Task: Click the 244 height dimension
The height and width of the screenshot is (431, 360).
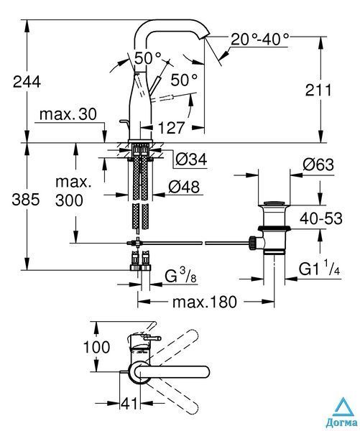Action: (27, 82)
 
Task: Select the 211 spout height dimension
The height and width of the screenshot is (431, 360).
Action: (318, 91)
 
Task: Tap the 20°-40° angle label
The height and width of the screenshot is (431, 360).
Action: (260, 40)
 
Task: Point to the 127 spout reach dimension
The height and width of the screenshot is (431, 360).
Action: (171, 128)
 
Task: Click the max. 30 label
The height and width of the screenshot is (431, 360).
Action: (68, 114)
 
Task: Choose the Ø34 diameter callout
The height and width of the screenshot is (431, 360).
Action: (191, 159)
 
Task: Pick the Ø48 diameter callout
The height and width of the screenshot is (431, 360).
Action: (184, 187)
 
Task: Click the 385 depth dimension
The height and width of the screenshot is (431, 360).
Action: (26, 200)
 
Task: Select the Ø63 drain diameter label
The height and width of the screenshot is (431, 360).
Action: (318, 165)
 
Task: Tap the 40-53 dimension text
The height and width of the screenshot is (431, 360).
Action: (321, 219)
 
